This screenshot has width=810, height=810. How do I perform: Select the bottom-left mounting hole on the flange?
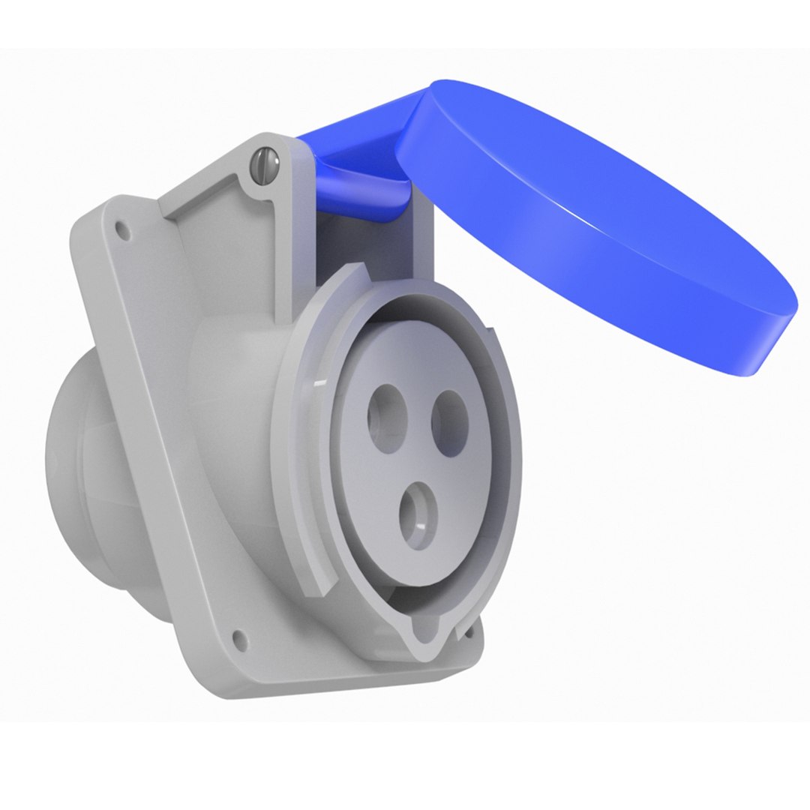[240, 638]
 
